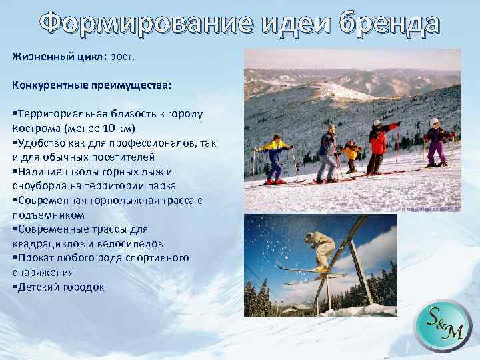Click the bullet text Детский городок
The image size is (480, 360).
(61, 287)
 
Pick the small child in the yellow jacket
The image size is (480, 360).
(349, 157)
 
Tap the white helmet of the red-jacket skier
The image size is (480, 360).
(377, 123)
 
